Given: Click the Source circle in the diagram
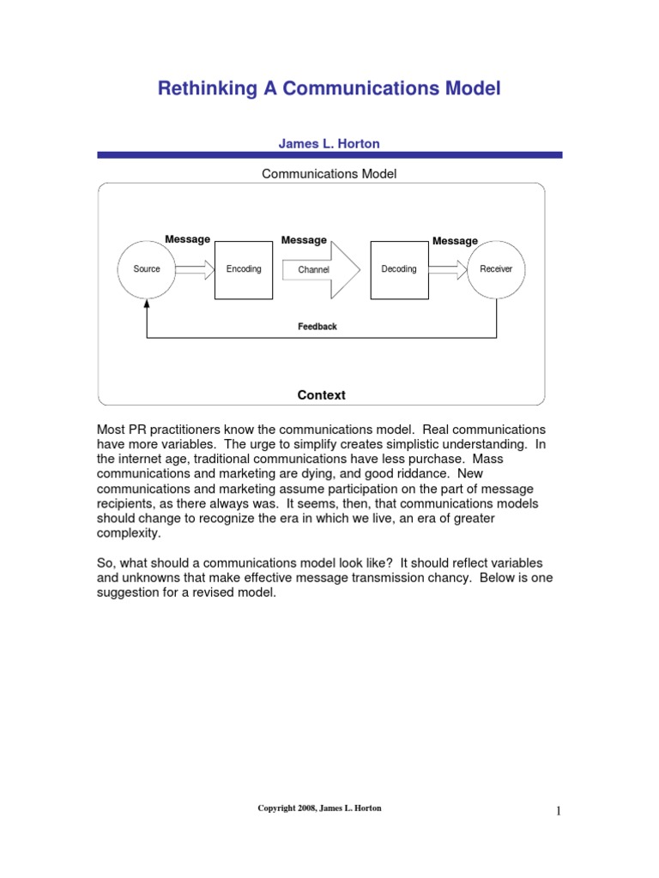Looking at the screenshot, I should tap(147, 269).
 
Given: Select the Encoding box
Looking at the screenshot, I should tap(244, 269).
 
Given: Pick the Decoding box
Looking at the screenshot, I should tap(399, 269).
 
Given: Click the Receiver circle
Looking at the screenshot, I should tap(496, 269).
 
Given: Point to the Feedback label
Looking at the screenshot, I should tap(317, 327).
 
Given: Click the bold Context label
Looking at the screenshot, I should tap(321, 395).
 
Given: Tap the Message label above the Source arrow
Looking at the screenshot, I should tap(187, 239).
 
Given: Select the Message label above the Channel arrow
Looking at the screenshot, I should tap(304, 240).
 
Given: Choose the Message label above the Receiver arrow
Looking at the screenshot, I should tap(455, 241).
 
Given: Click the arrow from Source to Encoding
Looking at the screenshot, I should tap(196, 270).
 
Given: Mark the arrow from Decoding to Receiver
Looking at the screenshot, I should tap(447, 270).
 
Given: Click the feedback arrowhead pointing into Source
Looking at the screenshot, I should tap(148, 304).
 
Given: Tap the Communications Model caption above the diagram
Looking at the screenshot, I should tap(329, 174).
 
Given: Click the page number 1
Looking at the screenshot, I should tap(558, 811).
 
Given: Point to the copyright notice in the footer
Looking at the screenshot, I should tap(318, 809).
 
